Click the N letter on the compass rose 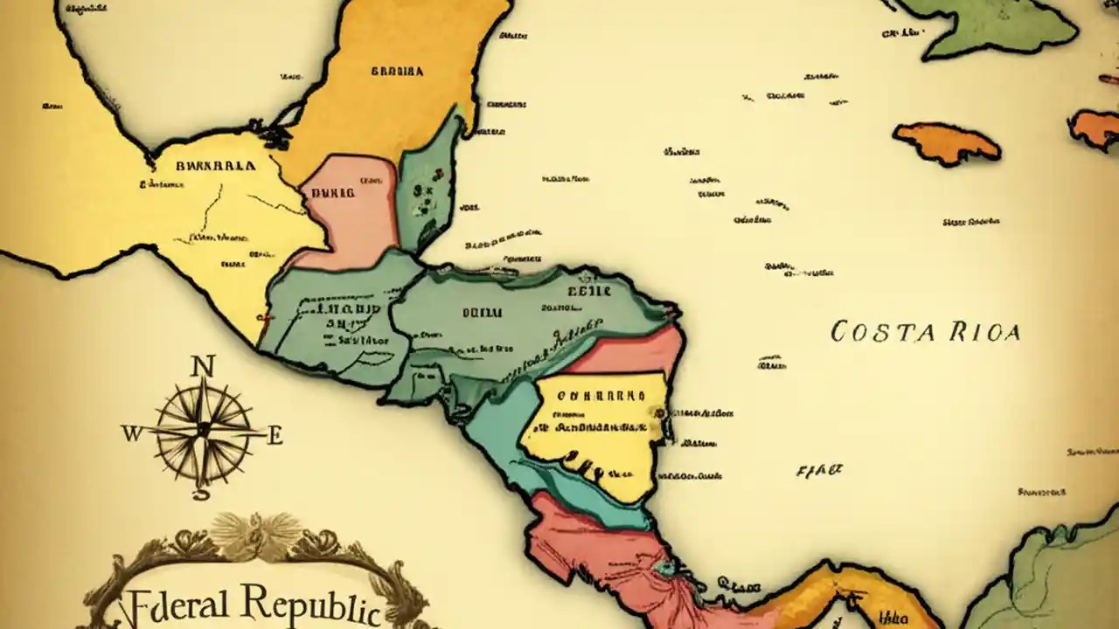click(x=204, y=365)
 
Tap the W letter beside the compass click(x=131, y=433)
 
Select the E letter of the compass click(x=275, y=435)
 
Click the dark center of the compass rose click(x=203, y=429)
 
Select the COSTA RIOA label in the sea click(x=925, y=332)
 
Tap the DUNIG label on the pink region click(x=334, y=192)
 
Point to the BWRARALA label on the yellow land click(x=216, y=165)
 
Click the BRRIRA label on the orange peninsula click(x=397, y=72)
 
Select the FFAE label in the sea click(x=819, y=470)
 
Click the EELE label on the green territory click(x=588, y=291)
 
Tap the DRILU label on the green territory click(x=482, y=312)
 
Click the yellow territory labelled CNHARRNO click(x=594, y=428)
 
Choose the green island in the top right click(x=997, y=26)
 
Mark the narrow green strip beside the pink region click(x=428, y=183)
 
